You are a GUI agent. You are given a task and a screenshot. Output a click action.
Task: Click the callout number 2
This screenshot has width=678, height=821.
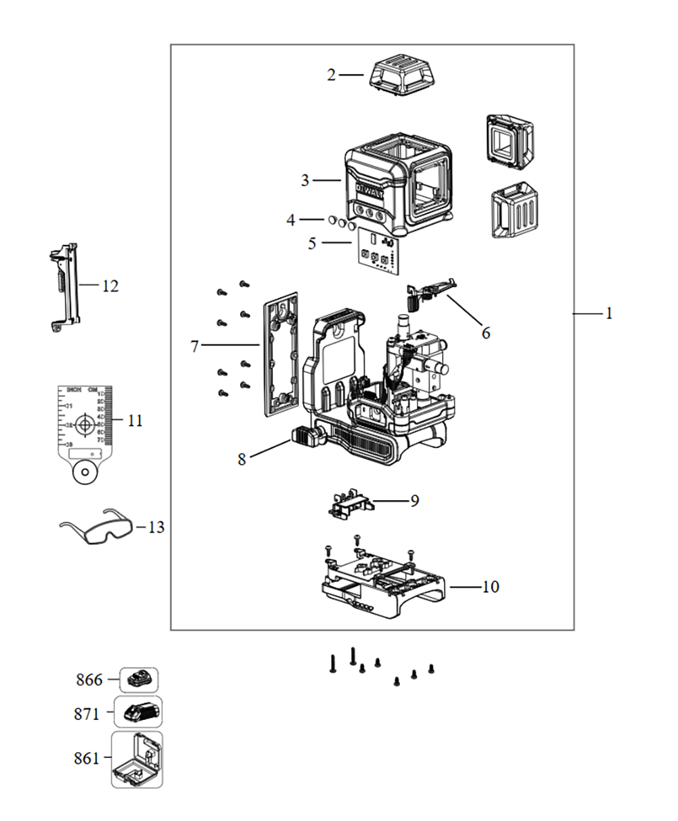tap(331, 75)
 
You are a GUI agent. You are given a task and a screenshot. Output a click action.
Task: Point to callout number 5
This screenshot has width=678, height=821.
tap(312, 242)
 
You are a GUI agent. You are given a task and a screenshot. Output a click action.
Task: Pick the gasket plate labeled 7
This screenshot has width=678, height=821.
tap(279, 353)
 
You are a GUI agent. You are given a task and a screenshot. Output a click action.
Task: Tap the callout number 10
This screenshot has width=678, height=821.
tap(490, 586)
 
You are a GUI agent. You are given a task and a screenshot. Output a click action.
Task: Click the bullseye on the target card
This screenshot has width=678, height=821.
tap(85, 425)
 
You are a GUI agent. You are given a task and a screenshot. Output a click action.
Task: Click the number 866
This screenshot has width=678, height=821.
tap(89, 680)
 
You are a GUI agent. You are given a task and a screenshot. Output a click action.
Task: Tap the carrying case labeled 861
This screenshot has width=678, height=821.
tap(138, 760)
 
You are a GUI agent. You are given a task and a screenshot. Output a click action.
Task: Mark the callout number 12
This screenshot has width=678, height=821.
tap(110, 286)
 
